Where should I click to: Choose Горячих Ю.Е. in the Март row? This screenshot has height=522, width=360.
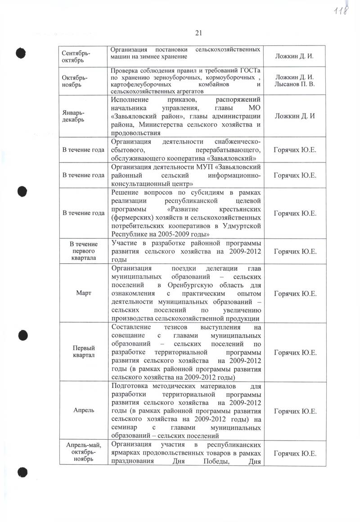pyautogui.click(x=295, y=293)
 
